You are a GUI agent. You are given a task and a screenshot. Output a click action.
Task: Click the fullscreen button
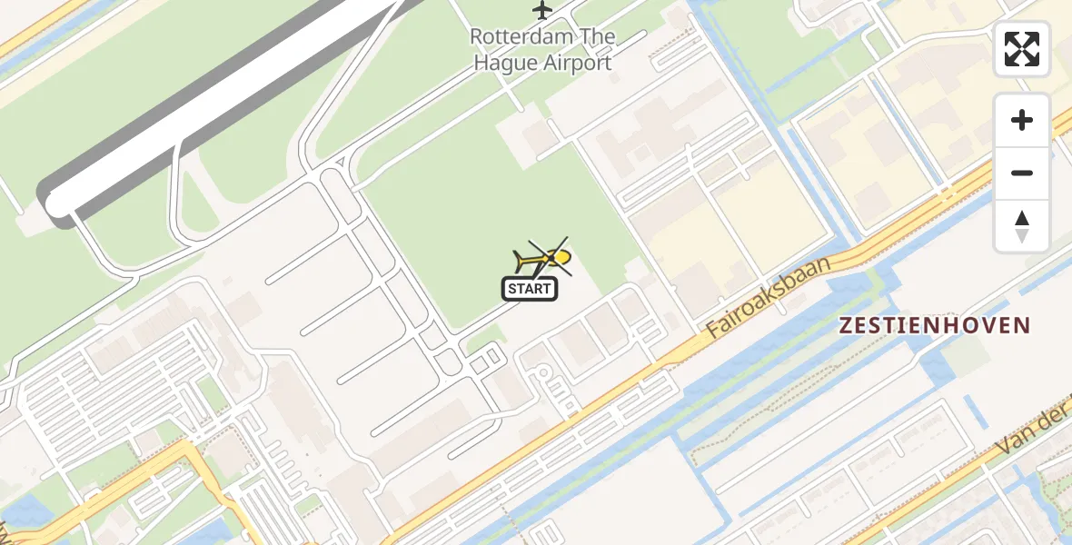pos(1022,49)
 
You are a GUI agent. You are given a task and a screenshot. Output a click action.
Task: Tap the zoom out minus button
pos(1022,173)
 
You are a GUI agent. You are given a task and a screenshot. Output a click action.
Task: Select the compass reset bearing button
pos(1022,225)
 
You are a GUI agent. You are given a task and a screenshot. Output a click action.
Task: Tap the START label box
pos(530,290)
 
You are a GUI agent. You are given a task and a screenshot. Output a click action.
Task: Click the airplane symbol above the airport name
pos(542,10)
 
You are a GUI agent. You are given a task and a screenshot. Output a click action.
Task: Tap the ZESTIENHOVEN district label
pos(934,325)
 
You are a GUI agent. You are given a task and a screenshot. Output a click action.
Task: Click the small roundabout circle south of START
pos(542,372)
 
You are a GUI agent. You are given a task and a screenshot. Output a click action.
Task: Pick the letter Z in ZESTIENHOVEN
pos(845,325)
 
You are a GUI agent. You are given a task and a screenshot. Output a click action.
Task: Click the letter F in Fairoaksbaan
pos(714,329)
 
